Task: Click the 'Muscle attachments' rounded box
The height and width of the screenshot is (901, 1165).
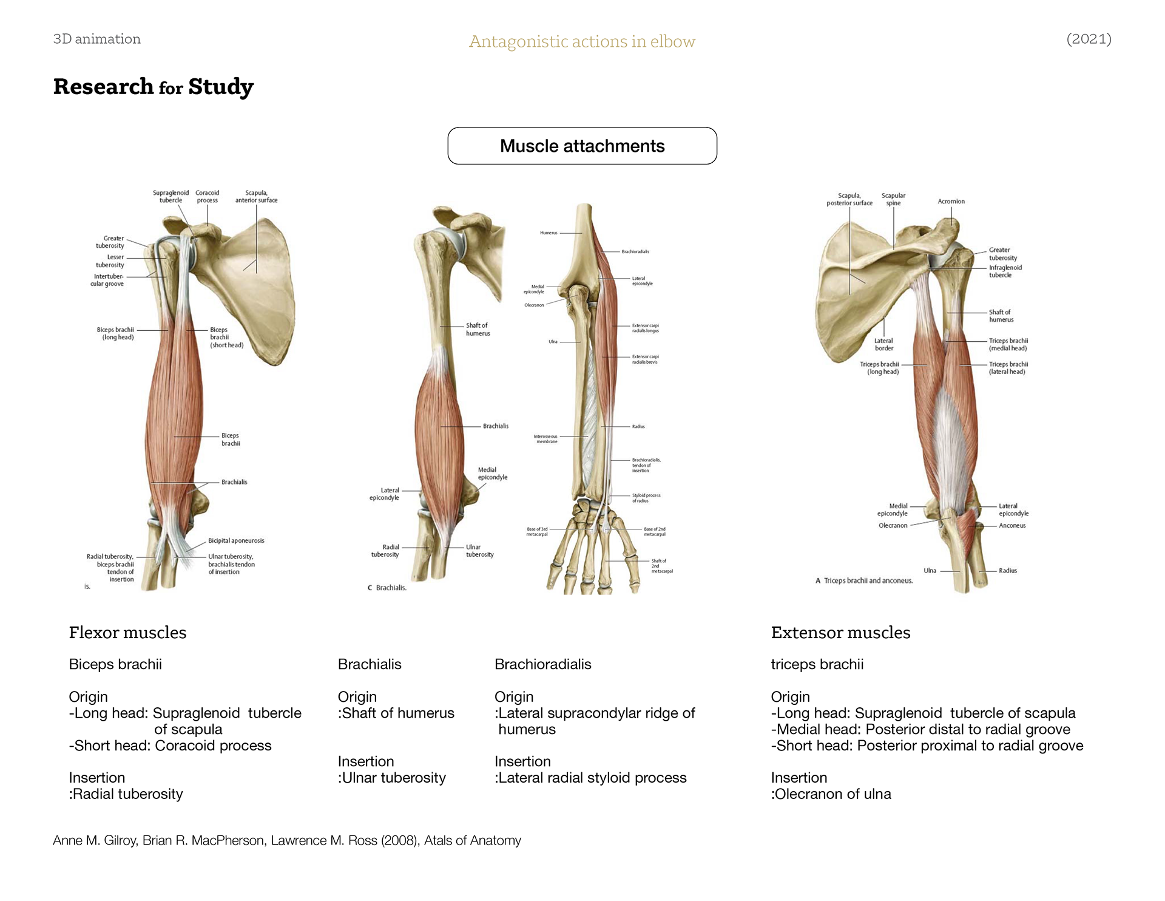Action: click(582, 146)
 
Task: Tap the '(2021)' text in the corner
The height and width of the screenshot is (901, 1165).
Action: click(1089, 39)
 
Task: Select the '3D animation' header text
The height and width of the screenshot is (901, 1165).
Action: click(97, 39)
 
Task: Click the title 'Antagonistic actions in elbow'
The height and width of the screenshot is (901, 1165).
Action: click(582, 41)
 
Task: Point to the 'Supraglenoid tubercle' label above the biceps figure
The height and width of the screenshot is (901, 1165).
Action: click(171, 197)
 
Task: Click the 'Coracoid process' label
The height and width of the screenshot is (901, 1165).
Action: click(207, 197)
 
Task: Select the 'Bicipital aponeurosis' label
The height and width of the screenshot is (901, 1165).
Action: click(236, 540)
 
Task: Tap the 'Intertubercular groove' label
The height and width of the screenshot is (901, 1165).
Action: click(107, 280)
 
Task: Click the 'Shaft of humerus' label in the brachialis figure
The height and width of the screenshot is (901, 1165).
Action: click(478, 329)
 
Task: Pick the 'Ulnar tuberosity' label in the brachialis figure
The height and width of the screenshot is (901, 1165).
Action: click(479, 551)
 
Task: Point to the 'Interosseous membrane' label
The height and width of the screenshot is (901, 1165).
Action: click(545, 438)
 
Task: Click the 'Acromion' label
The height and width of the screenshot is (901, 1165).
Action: click(951, 202)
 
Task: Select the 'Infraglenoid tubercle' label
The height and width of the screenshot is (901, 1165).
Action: click(1005, 271)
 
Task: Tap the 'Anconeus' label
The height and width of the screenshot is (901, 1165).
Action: click(1012, 526)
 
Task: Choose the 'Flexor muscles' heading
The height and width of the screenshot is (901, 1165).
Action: click(127, 633)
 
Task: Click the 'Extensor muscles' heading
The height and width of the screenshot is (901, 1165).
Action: click(840, 633)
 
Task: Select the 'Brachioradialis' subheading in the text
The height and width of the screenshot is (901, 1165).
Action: click(542, 664)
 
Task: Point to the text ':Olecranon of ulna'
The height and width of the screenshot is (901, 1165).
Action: click(831, 794)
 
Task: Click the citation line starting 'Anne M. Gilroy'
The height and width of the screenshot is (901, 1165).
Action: click(287, 840)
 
